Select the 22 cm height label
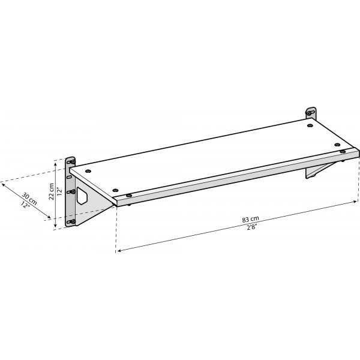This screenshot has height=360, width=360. click(52, 190)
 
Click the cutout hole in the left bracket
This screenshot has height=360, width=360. click(82, 197)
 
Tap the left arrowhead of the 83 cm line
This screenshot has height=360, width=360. click(118, 250)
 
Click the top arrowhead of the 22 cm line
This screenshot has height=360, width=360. click(56, 161)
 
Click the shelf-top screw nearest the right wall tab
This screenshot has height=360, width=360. click(309, 127)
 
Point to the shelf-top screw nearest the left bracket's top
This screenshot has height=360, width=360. click(89, 172)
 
